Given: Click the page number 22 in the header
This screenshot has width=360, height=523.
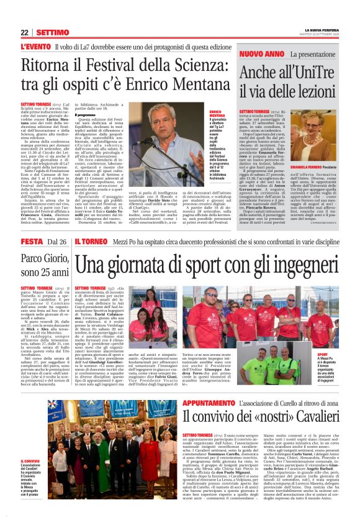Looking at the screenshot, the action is pos(24,32).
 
